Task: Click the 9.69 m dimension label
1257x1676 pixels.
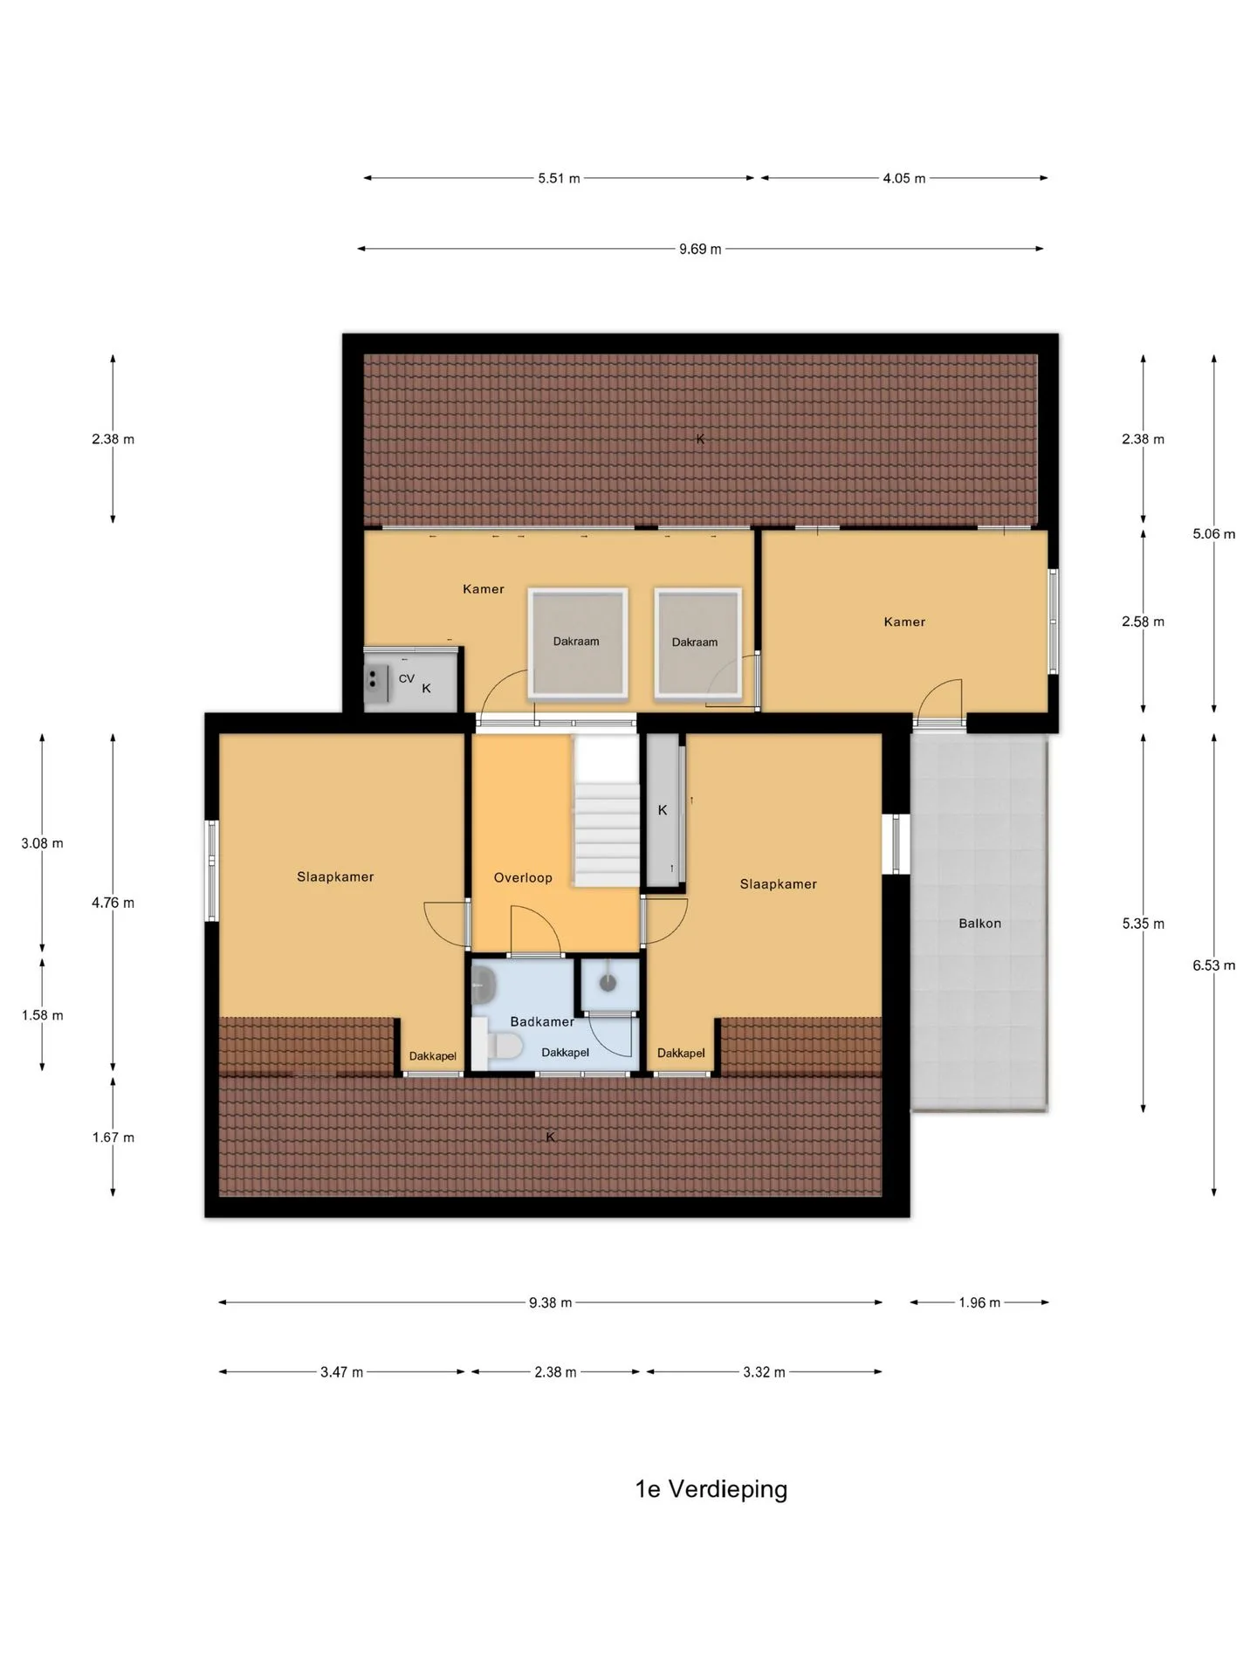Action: coord(700,249)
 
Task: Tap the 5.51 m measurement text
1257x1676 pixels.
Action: coord(559,178)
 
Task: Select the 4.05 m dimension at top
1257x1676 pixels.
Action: coord(903,178)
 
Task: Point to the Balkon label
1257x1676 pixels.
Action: coord(979,923)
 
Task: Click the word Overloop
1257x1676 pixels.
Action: coord(523,877)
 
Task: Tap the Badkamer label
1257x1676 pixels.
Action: coord(542,1021)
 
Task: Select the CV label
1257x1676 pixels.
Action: coord(407,678)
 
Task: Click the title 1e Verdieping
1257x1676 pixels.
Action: coord(711,1488)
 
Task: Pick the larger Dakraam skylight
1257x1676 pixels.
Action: coord(577,643)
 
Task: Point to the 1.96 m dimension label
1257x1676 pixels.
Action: coord(979,1302)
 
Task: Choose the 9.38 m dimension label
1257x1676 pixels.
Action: coord(550,1302)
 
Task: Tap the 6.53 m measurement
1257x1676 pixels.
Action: coord(1213,965)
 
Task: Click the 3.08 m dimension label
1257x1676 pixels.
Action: coord(42,843)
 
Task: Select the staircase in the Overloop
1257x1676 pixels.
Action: coord(607,810)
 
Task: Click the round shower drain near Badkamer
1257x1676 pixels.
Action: coord(608,983)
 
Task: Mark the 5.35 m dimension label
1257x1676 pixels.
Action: coord(1143,923)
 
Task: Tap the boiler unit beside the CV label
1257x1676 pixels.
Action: coord(377,683)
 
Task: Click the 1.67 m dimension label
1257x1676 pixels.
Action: coord(113,1137)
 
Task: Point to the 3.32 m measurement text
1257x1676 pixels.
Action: coord(764,1372)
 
